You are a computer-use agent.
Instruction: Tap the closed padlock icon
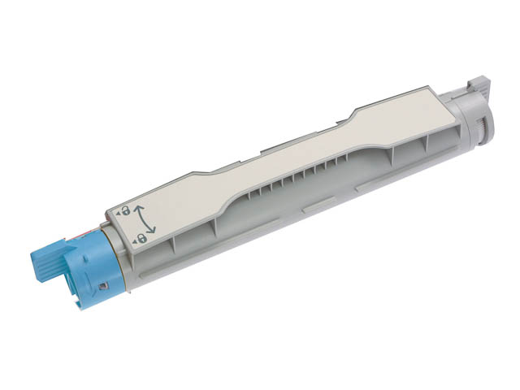141,236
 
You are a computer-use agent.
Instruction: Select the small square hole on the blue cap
102,286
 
